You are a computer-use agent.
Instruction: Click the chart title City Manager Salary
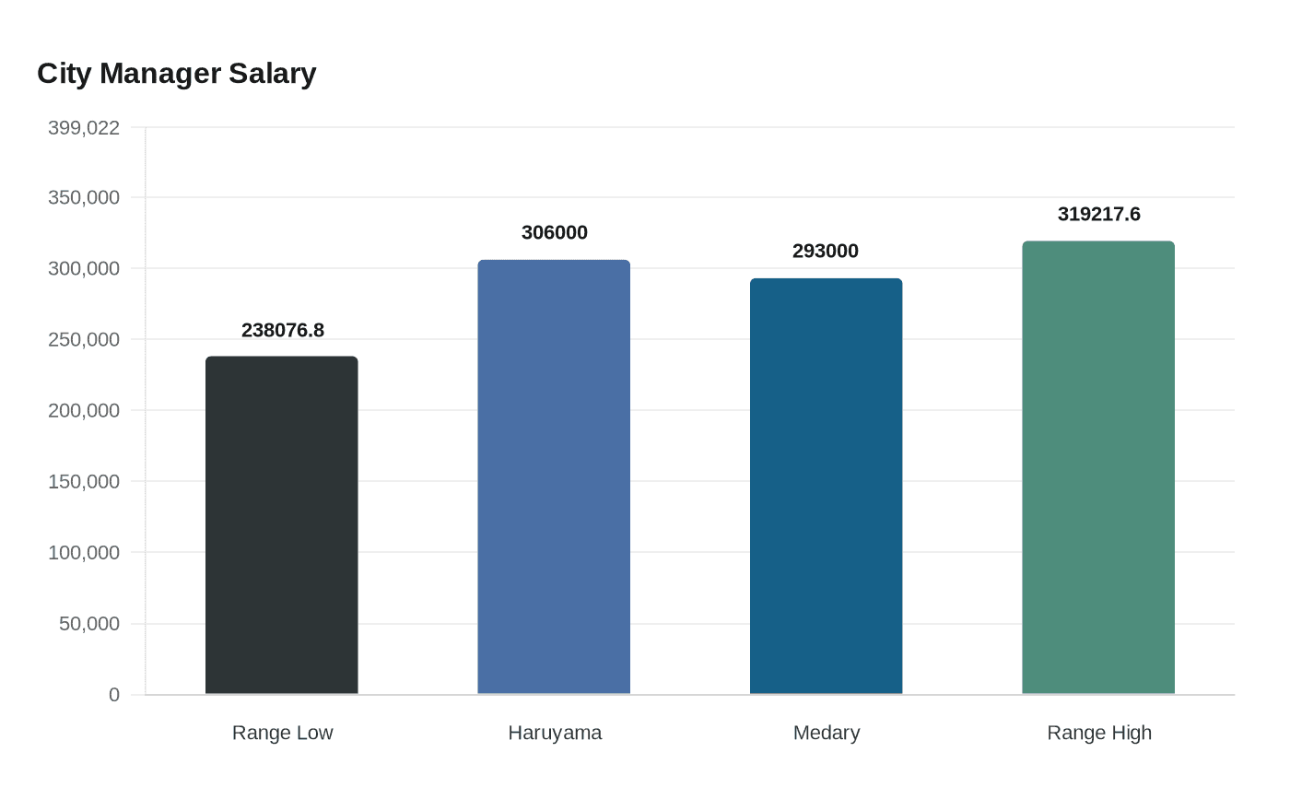pos(177,74)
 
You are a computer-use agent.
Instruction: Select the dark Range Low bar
pos(282,525)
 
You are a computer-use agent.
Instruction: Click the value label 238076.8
pos(283,330)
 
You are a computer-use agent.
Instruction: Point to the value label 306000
pos(555,232)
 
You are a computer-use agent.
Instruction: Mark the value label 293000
pos(826,251)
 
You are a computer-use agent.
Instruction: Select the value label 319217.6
pos(1099,214)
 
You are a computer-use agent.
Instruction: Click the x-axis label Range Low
pos(282,733)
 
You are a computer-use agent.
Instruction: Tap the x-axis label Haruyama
pos(555,733)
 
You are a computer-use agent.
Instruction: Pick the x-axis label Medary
pos(827,733)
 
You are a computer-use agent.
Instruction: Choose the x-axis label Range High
pos(1099,733)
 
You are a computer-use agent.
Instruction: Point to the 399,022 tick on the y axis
pos(84,128)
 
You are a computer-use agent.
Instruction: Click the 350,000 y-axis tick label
pos(84,197)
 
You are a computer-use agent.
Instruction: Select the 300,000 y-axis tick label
pos(84,268)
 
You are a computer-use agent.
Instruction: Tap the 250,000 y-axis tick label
pos(84,339)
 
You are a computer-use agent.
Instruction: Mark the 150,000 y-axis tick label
pos(84,481)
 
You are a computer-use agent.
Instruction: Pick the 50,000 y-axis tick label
pos(89,624)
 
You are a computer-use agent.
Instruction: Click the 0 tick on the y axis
pos(114,695)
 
